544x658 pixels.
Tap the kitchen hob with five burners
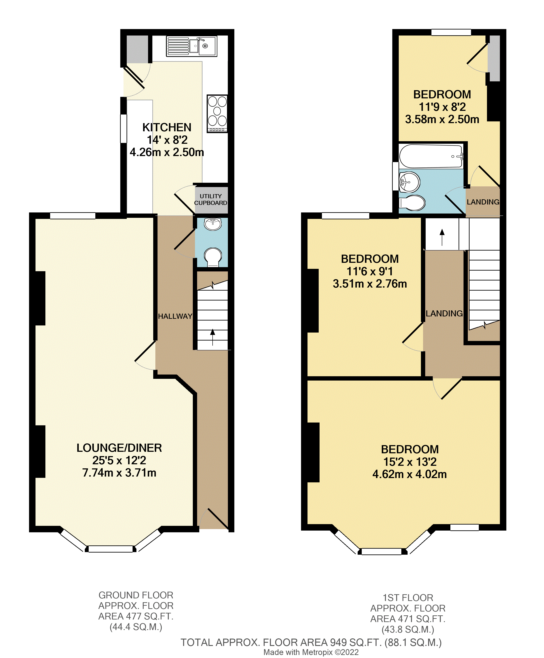217,113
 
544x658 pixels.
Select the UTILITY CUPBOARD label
210,200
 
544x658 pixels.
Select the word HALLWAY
175,316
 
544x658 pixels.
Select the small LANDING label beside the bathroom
483,202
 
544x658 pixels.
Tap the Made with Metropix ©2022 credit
311,652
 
